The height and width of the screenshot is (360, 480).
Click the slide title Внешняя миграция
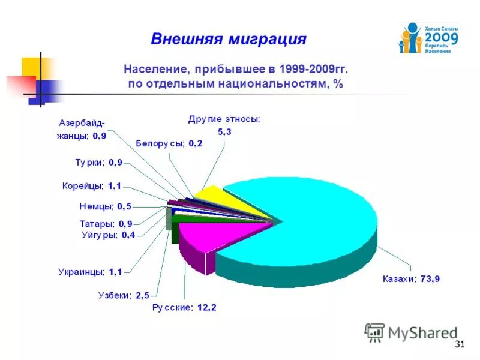[x=229, y=40]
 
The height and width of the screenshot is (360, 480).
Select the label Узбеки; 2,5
[x=123, y=295]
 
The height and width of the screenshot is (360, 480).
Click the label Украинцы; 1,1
[x=90, y=272]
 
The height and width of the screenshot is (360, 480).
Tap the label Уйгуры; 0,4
[x=108, y=235]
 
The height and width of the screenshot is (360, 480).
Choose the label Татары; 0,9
[x=106, y=224]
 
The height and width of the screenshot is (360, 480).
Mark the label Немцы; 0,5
[x=105, y=206]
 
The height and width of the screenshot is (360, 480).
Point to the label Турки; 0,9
[x=99, y=162]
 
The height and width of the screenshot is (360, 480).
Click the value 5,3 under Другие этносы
[x=223, y=131]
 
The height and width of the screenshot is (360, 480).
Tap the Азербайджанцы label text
[x=82, y=130]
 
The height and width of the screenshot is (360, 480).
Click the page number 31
[x=460, y=344]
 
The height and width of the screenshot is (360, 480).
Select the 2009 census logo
[x=428, y=38]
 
